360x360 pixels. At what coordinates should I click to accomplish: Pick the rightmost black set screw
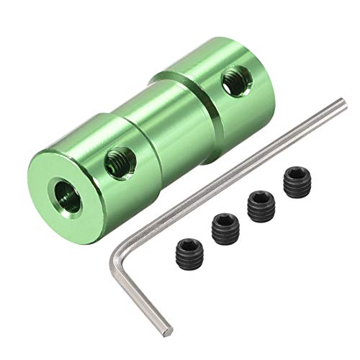tap(294, 183)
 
